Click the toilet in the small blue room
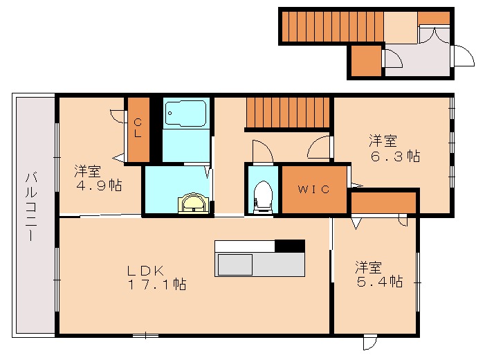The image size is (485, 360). [x=263, y=195]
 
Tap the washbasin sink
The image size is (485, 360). [x=193, y=204]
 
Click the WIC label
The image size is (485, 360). [x=314, y=189]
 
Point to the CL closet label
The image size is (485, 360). [x=138, y=128]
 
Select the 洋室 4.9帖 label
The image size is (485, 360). [x=98, y=177]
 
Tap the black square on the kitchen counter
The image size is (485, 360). [x=290, y=246]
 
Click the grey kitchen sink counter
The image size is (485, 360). [x=260, y=264]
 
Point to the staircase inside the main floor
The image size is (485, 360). [x=289, y=112]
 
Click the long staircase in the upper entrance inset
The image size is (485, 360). [x=332, y=27]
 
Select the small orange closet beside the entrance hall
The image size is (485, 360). [x=366, y=61]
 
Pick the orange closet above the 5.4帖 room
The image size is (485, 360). [x=384, y=203]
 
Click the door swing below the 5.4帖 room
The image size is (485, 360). [x=371, y=342]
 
